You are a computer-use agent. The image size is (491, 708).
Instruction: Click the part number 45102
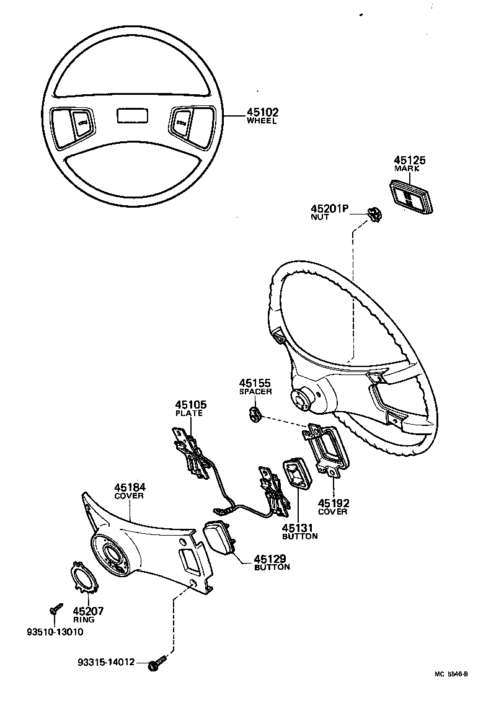[x=263, y=113]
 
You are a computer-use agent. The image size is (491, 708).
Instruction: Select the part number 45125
[x=410, y=160]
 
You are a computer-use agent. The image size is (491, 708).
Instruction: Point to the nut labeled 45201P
[x=374, y=213]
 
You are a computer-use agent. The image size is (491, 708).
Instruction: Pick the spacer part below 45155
[x=254, y=413]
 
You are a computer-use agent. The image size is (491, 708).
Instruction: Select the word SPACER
[x=255, y=392]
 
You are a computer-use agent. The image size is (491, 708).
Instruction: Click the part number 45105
[x=192, y=405]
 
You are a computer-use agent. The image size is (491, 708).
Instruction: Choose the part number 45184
[x=130, y=488]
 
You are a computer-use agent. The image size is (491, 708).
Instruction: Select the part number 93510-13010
[x=55, y=632]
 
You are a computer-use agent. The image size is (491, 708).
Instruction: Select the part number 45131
[x=299, y=528]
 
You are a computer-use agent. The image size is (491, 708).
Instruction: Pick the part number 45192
[x=333, y=503]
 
